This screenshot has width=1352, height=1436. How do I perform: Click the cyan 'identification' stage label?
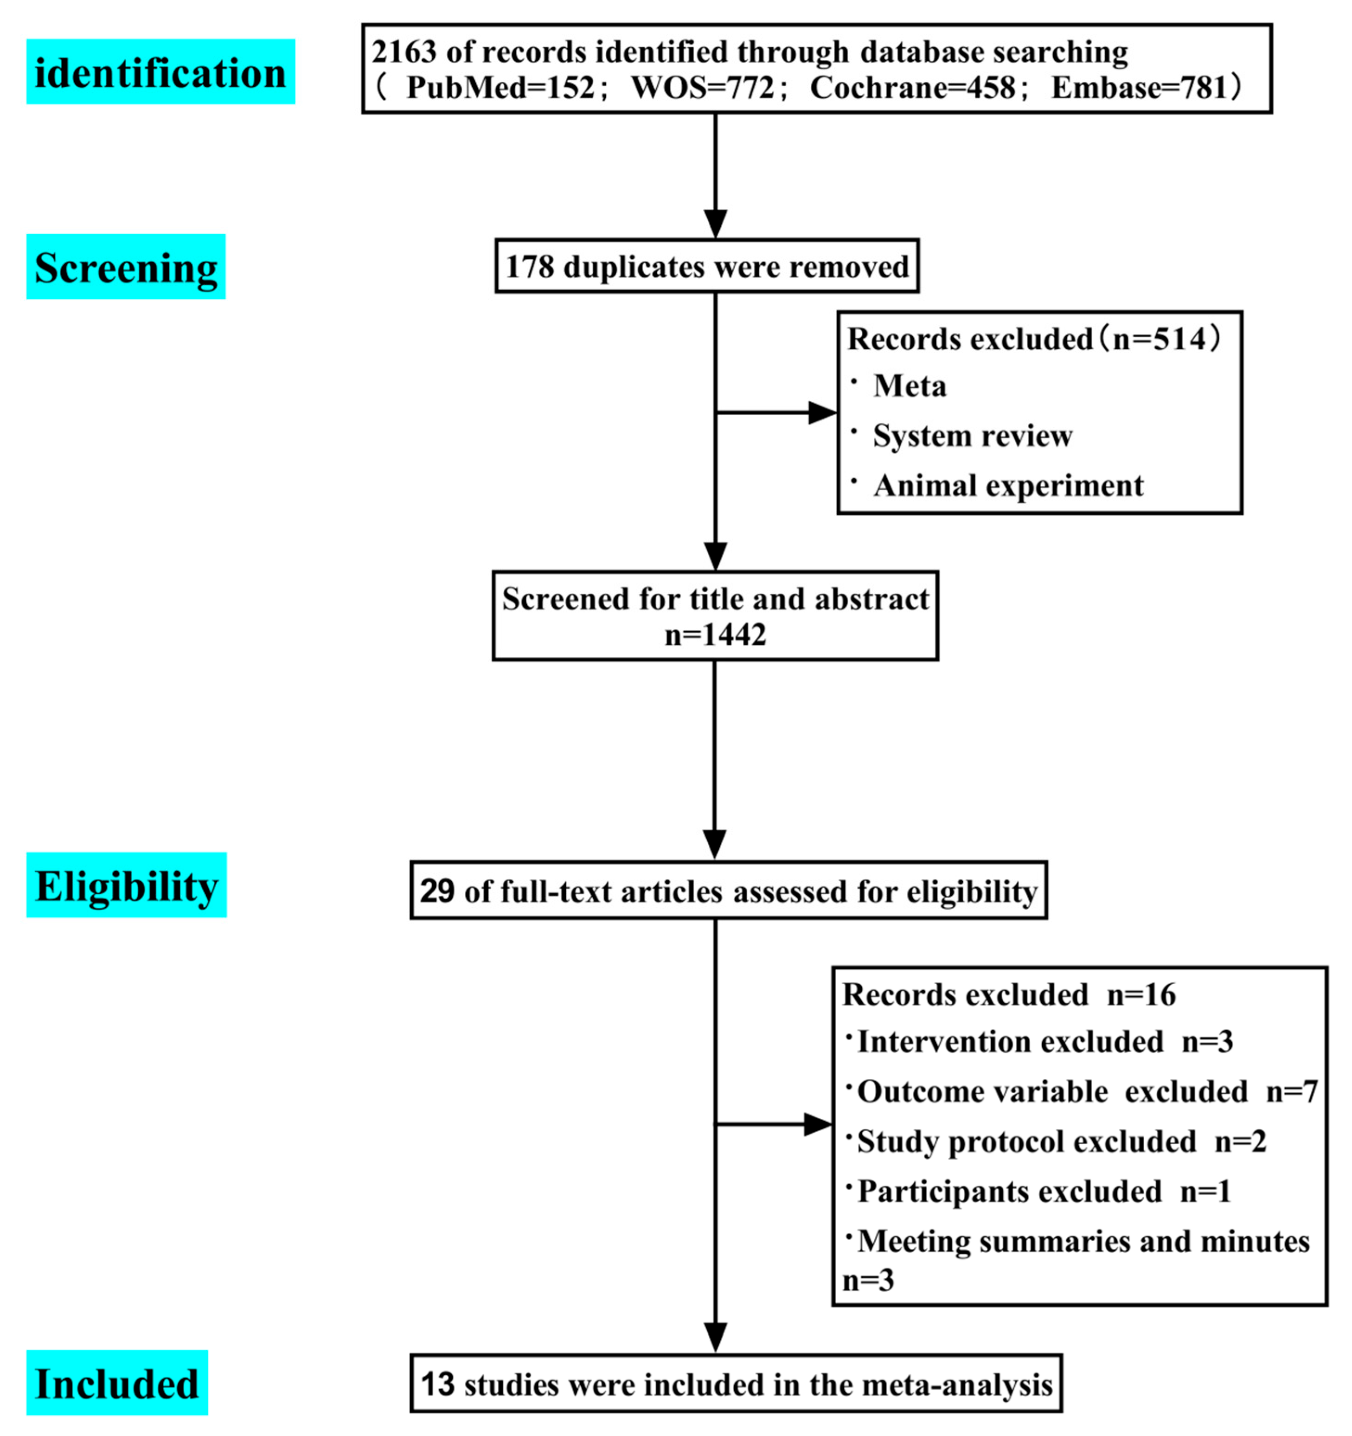(160, 72)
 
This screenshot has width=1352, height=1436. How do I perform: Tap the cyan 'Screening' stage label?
(126, 267)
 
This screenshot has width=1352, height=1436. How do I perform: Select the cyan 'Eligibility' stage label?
(127, 885)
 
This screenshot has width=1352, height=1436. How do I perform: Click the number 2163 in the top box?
(404, 52)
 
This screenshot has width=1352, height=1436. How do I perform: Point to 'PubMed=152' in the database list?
(500, 88)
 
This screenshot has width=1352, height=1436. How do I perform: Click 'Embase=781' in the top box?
(1139, 88)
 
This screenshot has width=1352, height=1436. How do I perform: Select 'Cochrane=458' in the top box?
(912, 88)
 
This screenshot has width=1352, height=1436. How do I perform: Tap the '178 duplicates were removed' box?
(706, 267)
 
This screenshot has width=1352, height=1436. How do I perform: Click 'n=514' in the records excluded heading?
(1159, 339)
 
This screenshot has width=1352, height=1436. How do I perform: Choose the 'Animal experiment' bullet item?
(1007, 486)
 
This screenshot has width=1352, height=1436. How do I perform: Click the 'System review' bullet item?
(972, 436)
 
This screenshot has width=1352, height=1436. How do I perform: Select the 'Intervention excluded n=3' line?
(1044, 1042)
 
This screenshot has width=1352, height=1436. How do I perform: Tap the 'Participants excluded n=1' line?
(1044, 1191)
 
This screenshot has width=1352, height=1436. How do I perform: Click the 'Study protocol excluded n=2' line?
(1061, 1141)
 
